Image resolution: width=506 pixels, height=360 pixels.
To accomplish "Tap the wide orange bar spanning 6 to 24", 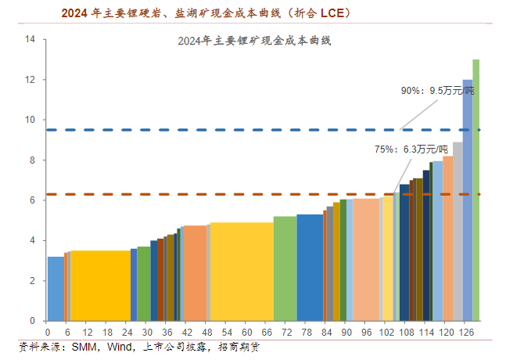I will click(101, 285).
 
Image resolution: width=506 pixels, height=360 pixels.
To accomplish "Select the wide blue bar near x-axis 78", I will click(310, 267).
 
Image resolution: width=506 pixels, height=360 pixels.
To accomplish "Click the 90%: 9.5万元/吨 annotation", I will click(437, 91).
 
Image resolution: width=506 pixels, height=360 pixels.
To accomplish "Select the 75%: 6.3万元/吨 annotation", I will click(411, 149).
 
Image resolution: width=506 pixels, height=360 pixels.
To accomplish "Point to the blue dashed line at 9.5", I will click(235, 130).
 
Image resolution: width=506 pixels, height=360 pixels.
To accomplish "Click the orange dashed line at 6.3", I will click(235, 194).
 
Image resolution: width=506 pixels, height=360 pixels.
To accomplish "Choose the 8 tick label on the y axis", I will click(32, 160).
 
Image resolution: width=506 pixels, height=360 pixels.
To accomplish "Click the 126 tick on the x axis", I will click(467, 333).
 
